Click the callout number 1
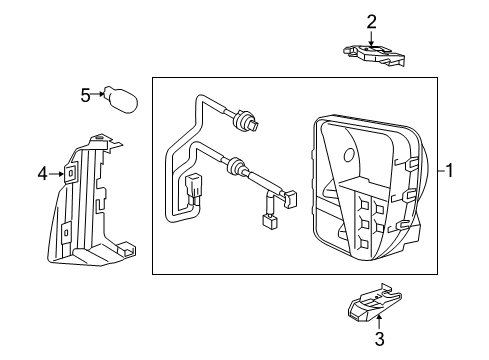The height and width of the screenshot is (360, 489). coord(450,171)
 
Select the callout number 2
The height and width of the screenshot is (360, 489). coord(371,21)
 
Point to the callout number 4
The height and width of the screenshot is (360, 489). coord(43,174)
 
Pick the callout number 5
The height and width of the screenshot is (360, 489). coord(86,96)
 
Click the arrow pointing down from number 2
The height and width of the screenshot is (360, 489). coord(371,38)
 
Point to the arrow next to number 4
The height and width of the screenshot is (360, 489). coord(58,174)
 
